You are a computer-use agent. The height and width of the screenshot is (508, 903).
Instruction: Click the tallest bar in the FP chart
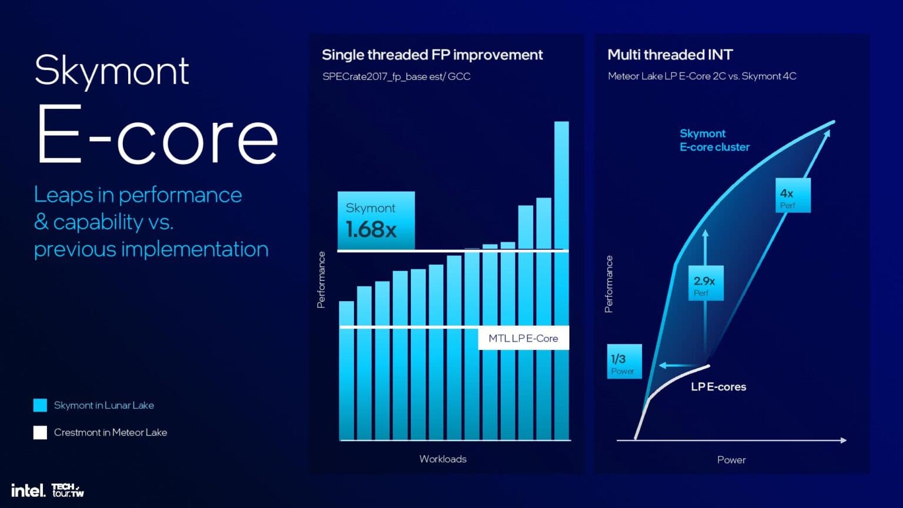tap(561, 276)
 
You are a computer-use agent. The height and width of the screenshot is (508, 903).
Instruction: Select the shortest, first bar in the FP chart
tap(347, 370)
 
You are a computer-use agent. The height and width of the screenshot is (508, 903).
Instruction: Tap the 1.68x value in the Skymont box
tap(371, 229)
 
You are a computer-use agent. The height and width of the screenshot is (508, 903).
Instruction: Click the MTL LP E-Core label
tap(523, 338)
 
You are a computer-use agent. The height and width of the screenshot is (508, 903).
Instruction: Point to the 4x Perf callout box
tap(792, 195)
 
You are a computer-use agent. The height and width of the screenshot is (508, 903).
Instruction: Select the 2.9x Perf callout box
tap(705, 283)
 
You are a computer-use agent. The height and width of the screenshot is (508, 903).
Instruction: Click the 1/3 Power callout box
tap(624, 362)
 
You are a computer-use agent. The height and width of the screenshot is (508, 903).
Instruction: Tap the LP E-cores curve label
tap(718, 387)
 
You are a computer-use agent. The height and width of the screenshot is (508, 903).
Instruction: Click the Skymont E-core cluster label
tap(714, 140)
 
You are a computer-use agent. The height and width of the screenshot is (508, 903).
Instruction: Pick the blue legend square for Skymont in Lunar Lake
tap(40, 405)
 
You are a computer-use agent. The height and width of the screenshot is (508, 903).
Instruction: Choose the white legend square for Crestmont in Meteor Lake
tap(40, 433)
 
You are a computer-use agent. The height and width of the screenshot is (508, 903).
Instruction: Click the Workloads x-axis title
tap(443, 459)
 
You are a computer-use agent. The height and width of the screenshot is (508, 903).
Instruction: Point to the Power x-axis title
tap(731, 460)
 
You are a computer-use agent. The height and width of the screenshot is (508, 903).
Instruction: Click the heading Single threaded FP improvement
tap(432, 55)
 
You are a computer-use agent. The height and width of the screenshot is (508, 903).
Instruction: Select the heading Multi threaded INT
tap(670, 55)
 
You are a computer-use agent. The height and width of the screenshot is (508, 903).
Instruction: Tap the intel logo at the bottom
tap(28, 490)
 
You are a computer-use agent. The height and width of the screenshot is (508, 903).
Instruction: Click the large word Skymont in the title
tap(112, 71)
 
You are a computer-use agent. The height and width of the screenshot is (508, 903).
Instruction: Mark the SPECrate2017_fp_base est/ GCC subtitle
tap(396, 76)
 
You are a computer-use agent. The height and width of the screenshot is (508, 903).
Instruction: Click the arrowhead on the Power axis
tap(844, 440)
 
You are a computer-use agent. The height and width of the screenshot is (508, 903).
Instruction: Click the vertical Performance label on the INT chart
tap(609, 284)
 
